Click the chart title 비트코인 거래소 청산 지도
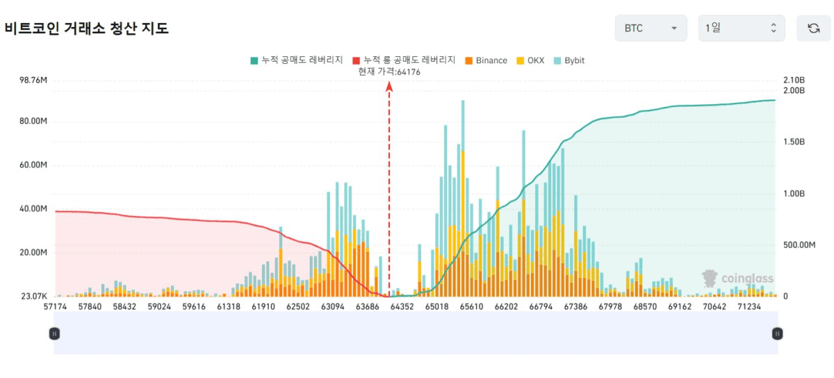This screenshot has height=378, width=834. (x=87, y=29)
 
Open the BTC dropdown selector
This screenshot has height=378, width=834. (x=650, y=28)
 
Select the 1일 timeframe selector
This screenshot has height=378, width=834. (x=741, y=28)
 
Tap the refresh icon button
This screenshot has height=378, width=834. (x=813, y=28)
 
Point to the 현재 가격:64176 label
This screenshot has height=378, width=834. (x=389, y=72)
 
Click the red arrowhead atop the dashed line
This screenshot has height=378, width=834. (x=389, y=85)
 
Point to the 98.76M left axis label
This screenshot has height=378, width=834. (x=33, y=80)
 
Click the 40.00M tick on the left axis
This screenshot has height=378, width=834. (x=33, y=209)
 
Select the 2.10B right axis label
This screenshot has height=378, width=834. (x=793, y=80)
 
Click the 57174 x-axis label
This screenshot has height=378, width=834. (x=55, y=306)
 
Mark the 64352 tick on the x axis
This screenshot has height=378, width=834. (x=402, y=306)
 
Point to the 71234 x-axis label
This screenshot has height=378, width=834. (x=749, y=306)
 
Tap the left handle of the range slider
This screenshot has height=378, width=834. (x=54, y=334)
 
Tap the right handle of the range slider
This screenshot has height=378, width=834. (x=777, y=334)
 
